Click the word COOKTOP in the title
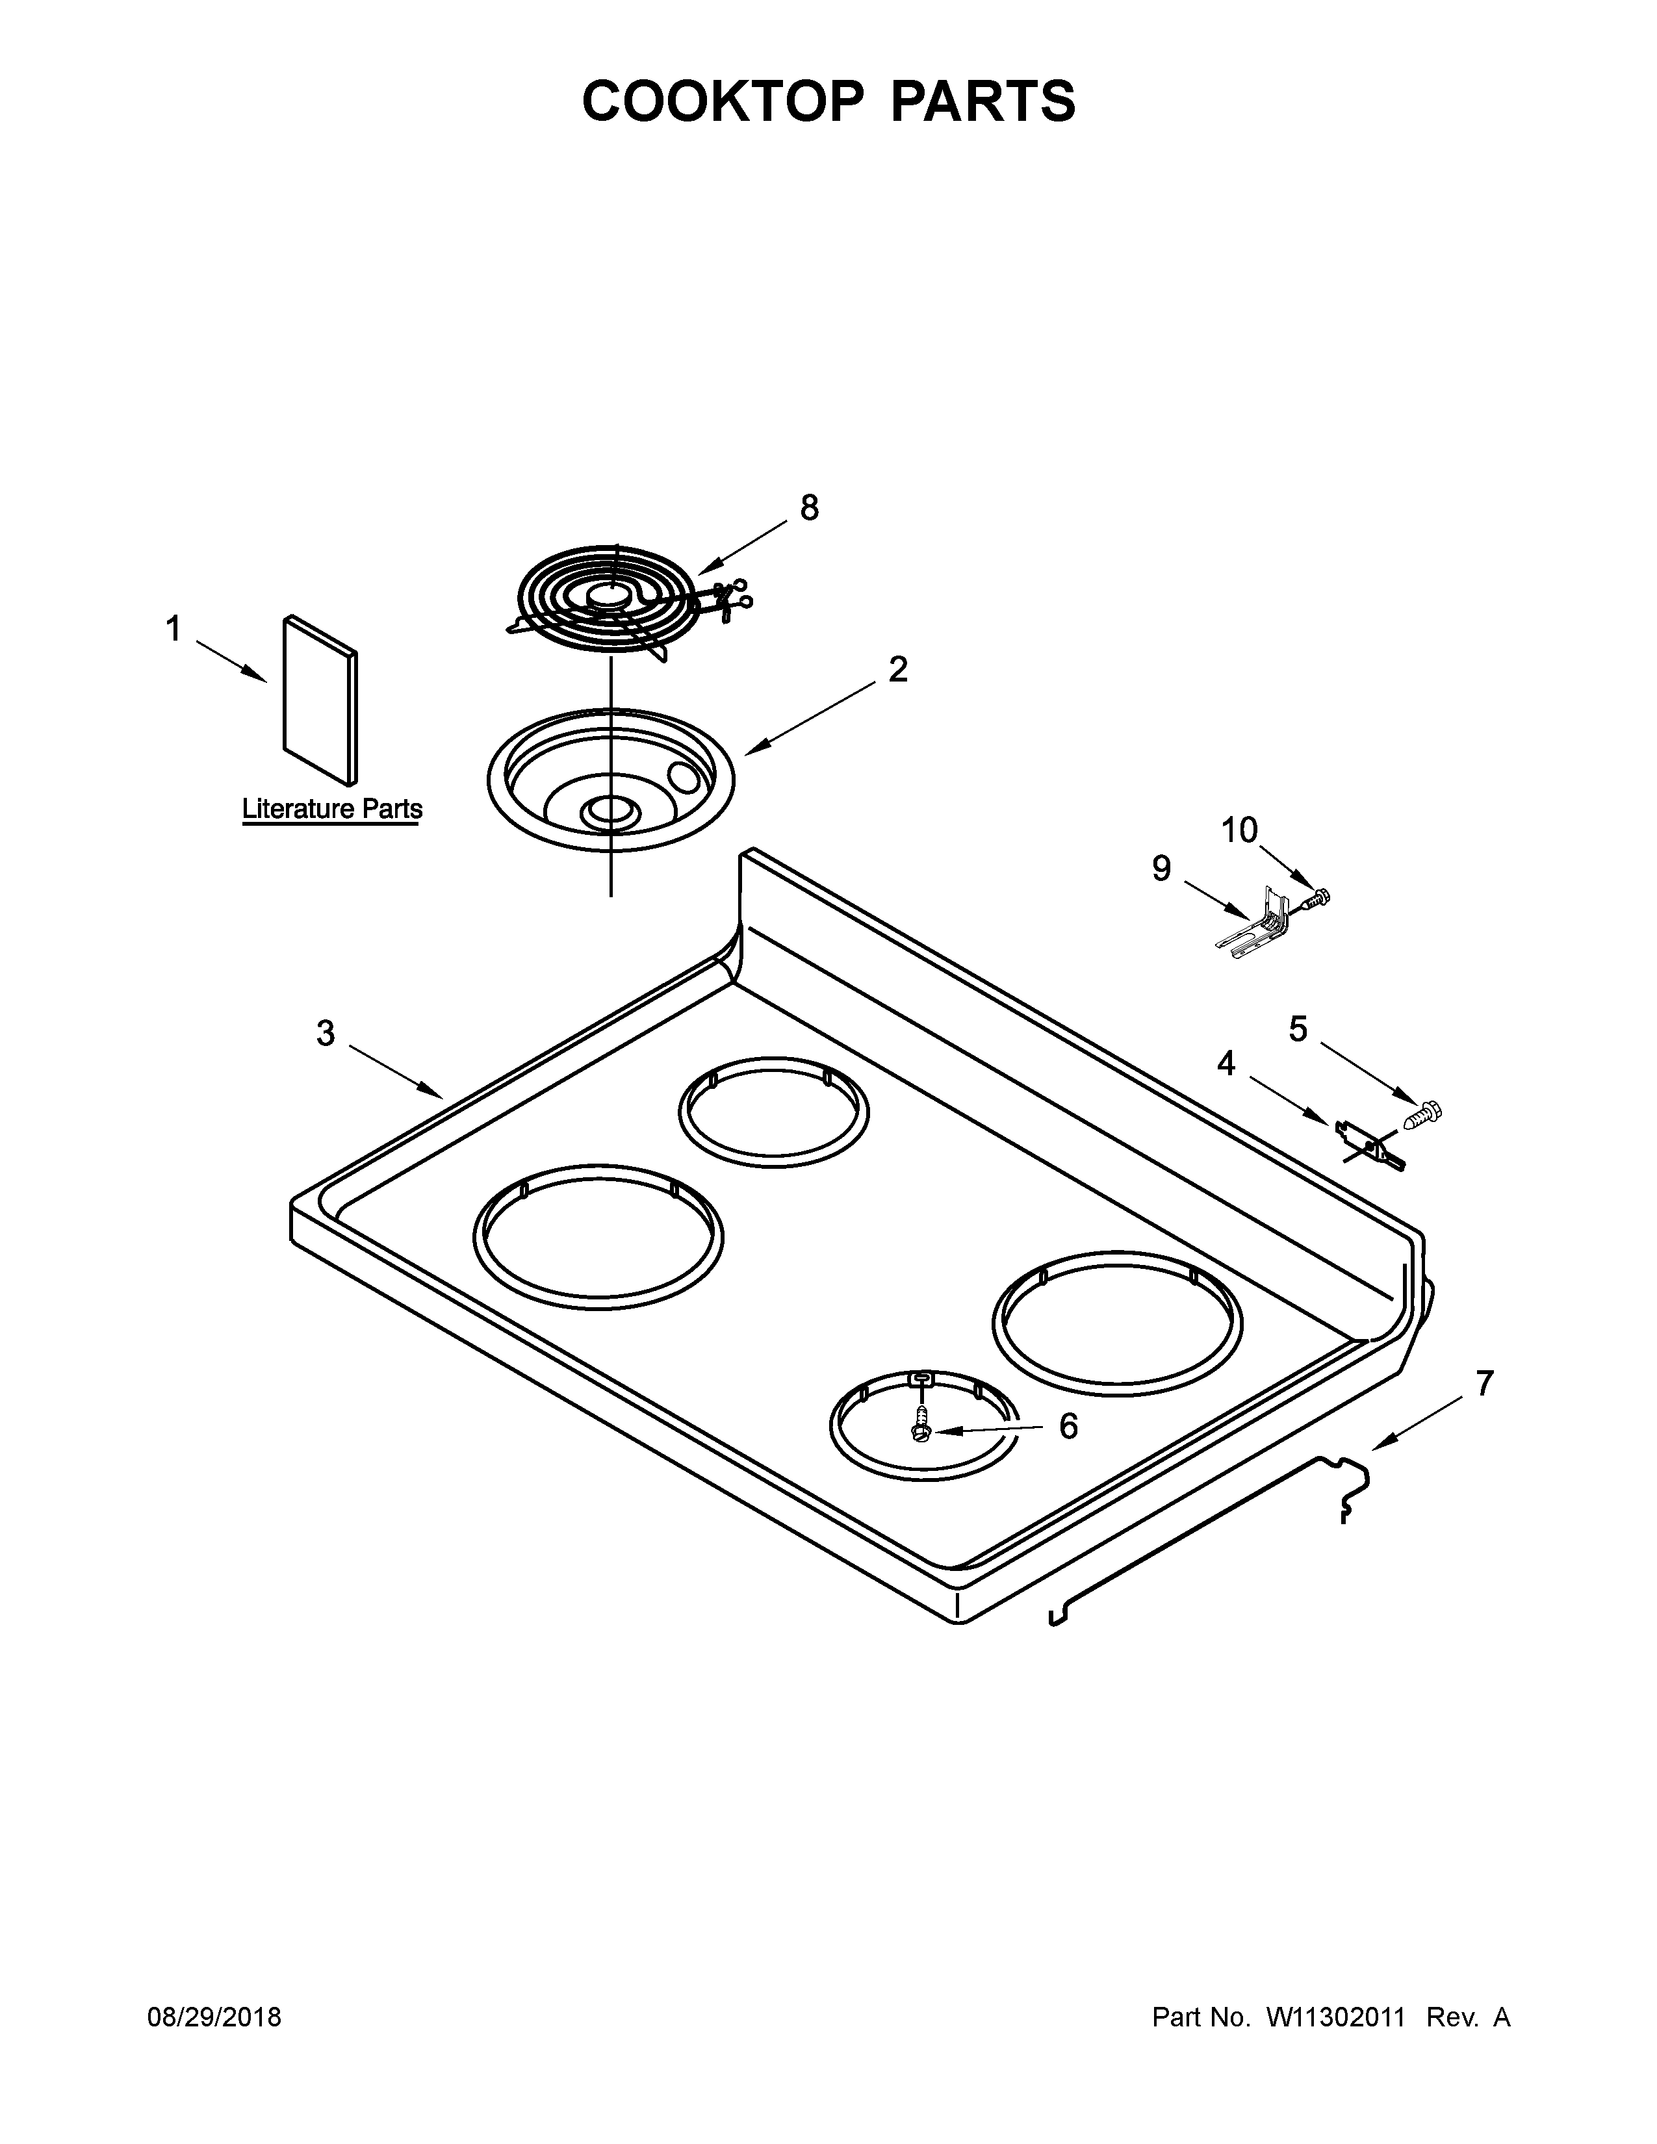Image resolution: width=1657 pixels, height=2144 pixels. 723,101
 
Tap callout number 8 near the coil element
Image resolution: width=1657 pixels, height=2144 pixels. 809,507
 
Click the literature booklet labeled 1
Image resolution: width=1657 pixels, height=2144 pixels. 320,700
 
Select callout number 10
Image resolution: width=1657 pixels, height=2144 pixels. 1239,830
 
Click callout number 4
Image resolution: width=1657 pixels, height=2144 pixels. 1226,1062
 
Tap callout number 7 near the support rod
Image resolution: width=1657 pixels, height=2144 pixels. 1484,1384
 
